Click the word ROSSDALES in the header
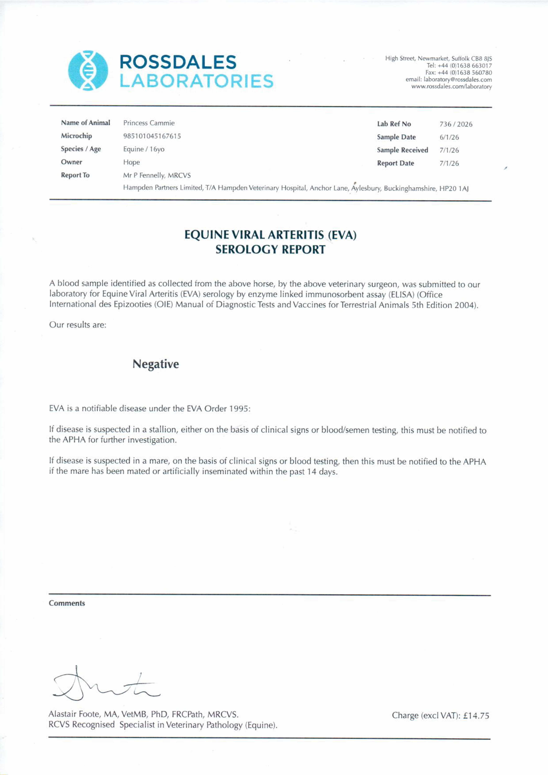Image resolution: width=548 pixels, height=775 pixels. (x=178, y=63)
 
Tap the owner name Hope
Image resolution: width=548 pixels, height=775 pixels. (x=131, y=162)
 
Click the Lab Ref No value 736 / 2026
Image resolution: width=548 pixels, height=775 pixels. (x=456, y=124)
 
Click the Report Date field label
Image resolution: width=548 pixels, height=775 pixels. (x=395, y=163)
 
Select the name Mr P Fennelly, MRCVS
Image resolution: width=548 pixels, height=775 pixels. (x=157, y=175)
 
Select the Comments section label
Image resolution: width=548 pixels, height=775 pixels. (x=67, y=603)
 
